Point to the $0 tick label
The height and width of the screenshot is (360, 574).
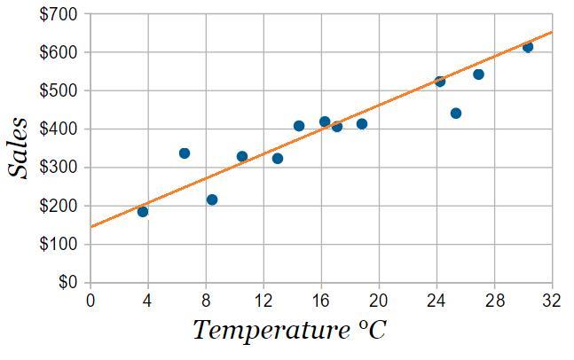coord(68,283)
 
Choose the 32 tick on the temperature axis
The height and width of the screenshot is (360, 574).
coord(552,300)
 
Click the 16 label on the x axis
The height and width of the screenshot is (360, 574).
coord(321,300)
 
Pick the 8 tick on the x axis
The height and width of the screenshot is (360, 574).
coord(206,300)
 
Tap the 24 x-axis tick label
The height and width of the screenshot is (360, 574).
coord(436,300)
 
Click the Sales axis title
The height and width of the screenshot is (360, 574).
coord(20,149)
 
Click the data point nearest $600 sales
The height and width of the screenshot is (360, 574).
coord(528,47)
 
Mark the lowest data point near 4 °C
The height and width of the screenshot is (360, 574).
coord(143,212)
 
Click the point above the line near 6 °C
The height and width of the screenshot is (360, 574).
coord(185,153)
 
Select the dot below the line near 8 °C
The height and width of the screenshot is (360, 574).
coord(212,200)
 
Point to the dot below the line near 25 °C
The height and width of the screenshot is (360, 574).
coord(456,113)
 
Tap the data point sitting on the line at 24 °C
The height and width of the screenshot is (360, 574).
coord(440,82)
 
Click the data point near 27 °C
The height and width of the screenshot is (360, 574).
coord(478,74)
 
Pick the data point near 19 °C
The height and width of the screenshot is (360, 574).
coord(362,124)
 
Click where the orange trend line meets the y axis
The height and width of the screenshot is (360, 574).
coord(90,227)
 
